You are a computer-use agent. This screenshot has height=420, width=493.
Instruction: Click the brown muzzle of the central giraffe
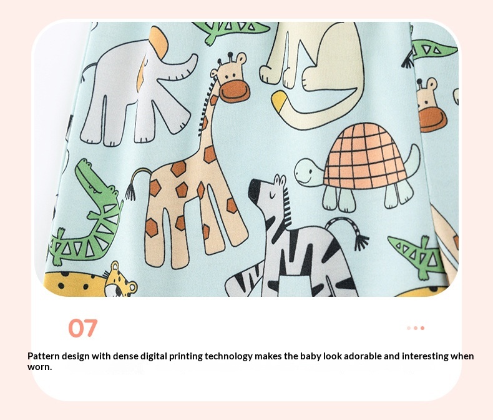pyautogui.click(x=235, y=91)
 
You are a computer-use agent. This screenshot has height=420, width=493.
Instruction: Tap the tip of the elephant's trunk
pyautogui.click(x=194, y=58)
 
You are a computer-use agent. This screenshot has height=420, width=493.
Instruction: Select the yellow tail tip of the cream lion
pyautogui.click(x=278, y=99)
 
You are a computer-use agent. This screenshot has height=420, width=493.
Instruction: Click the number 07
pyautogui.click(x=83, y=328)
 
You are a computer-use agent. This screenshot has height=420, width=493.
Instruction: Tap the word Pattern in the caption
pyautogui.click(x=44, y=356)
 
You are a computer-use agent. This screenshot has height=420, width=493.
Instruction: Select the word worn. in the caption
pyautogui.click(x=39, y=367)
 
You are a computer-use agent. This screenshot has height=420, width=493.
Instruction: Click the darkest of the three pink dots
pyautogui.click(x=422, y=328)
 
